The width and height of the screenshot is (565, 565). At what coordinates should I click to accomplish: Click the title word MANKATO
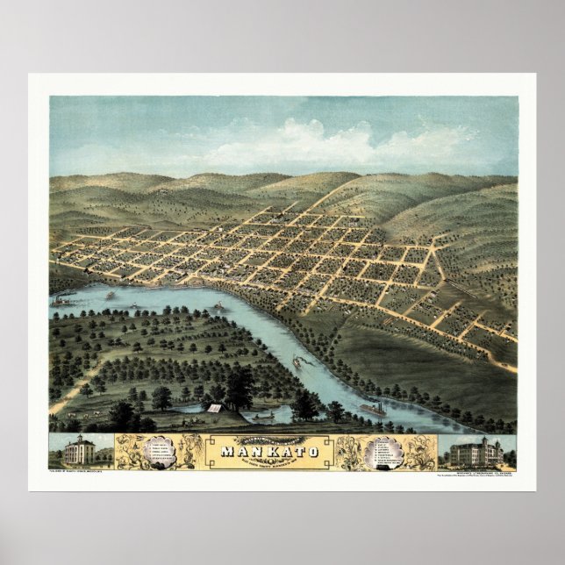tap(270, 453)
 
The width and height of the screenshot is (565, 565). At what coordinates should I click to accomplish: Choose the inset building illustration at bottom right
tap(476, 453)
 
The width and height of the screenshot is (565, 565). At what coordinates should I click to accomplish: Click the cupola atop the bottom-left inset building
tap(79, 437)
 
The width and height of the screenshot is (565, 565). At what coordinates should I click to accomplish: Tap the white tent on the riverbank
tap(213, 407)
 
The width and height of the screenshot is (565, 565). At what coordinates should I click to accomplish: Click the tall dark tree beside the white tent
tap(238, 386)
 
